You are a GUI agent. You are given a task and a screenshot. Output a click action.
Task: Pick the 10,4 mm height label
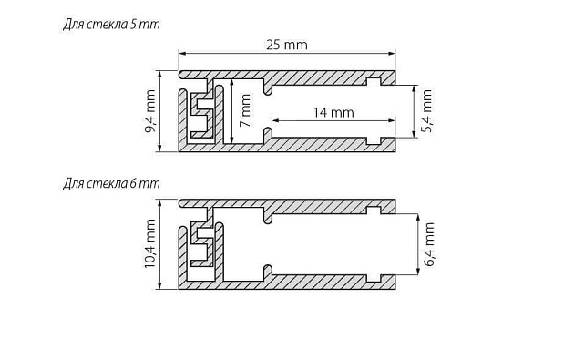[x=151, y=244]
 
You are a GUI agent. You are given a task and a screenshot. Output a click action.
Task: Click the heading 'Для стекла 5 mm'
[x=111, y=25]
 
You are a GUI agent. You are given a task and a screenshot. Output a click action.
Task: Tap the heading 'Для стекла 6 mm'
[x=111, y=183]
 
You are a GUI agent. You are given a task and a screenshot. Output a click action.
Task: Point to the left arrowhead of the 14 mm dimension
[x=272, y=122]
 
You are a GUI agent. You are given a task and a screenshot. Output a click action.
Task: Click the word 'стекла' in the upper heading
[x=108, y=25]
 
